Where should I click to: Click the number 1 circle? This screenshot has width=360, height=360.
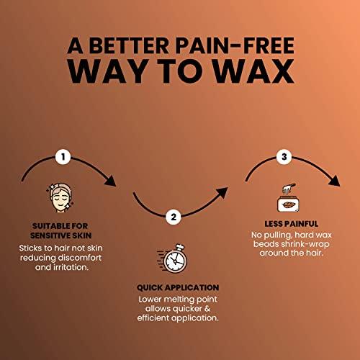click(x=63, y=157)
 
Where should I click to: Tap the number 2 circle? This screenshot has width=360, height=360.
click(x=174, y=217)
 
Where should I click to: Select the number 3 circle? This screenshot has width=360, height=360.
click(x=284, y=157)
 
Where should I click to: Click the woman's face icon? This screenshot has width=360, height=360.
click(x=60, y=198)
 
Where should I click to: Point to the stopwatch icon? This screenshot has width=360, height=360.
click(x=172, y=258)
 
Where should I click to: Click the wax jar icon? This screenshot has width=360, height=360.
click(x=288, y=198)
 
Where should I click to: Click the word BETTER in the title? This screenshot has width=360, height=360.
click(x=129, y=45)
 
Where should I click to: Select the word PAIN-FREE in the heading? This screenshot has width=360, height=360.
click(x=235, y=45)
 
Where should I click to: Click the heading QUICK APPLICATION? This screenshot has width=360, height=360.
click(x=178, y=287)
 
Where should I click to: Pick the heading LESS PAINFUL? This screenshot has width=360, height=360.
click(x=292, y=224)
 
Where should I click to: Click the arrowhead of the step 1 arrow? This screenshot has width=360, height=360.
click(x=111, y=181)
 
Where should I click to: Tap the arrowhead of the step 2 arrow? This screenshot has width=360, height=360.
click(x=222, y=192)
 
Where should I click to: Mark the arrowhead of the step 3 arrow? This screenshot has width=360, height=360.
click(x=334, y=181)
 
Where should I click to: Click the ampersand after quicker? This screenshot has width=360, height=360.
click(x=207, y=309)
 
